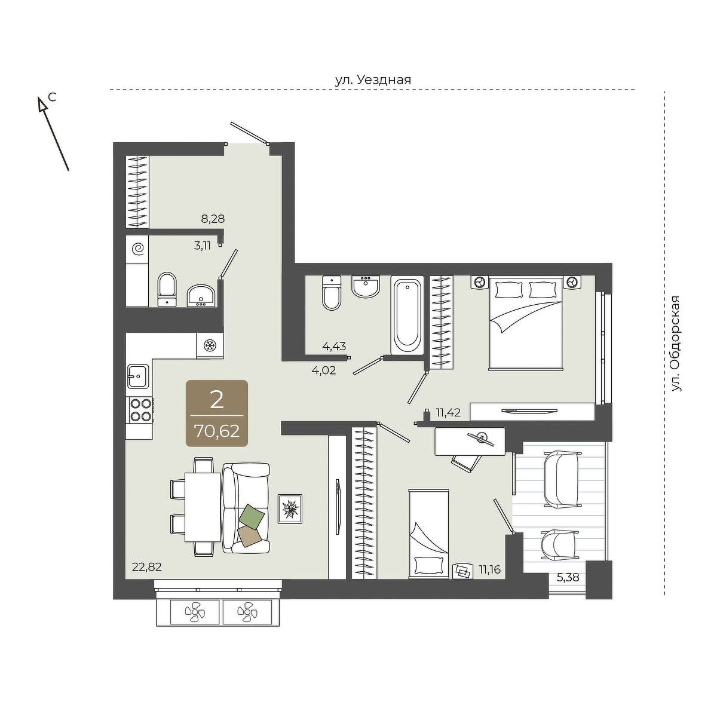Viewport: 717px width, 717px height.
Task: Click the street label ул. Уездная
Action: coord(373,80)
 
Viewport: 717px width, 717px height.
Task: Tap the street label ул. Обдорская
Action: coord(676,344)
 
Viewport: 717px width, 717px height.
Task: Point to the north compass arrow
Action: coord(54,133)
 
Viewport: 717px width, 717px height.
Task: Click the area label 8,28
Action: coord(213,219)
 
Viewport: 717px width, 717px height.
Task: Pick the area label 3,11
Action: coord(203,246)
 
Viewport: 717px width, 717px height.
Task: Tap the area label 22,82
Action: coord(147,568)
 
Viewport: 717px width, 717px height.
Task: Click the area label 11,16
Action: coord(490,569)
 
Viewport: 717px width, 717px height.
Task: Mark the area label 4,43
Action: coord(334,347)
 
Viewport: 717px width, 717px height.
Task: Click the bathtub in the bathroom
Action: coord(407,315)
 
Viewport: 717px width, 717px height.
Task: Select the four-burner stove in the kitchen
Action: coord(140,410)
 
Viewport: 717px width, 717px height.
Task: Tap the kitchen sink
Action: coord(138,376)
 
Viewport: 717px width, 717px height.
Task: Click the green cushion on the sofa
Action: coord(252,515)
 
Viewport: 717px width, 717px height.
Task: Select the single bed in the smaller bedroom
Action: coord(428,534)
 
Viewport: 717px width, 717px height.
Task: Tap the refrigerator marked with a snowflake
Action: coord(210,345)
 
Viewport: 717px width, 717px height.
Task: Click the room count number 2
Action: coord(216,401)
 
